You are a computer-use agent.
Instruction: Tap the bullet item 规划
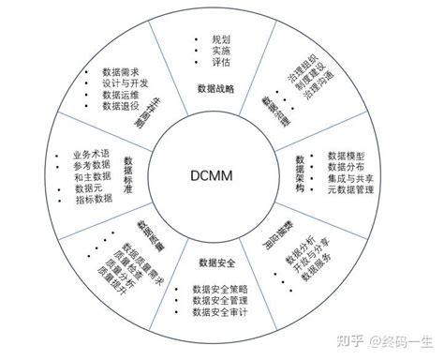(221, 40)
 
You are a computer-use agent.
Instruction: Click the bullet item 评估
(221, 64)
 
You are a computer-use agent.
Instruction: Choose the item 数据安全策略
(222, 289)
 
